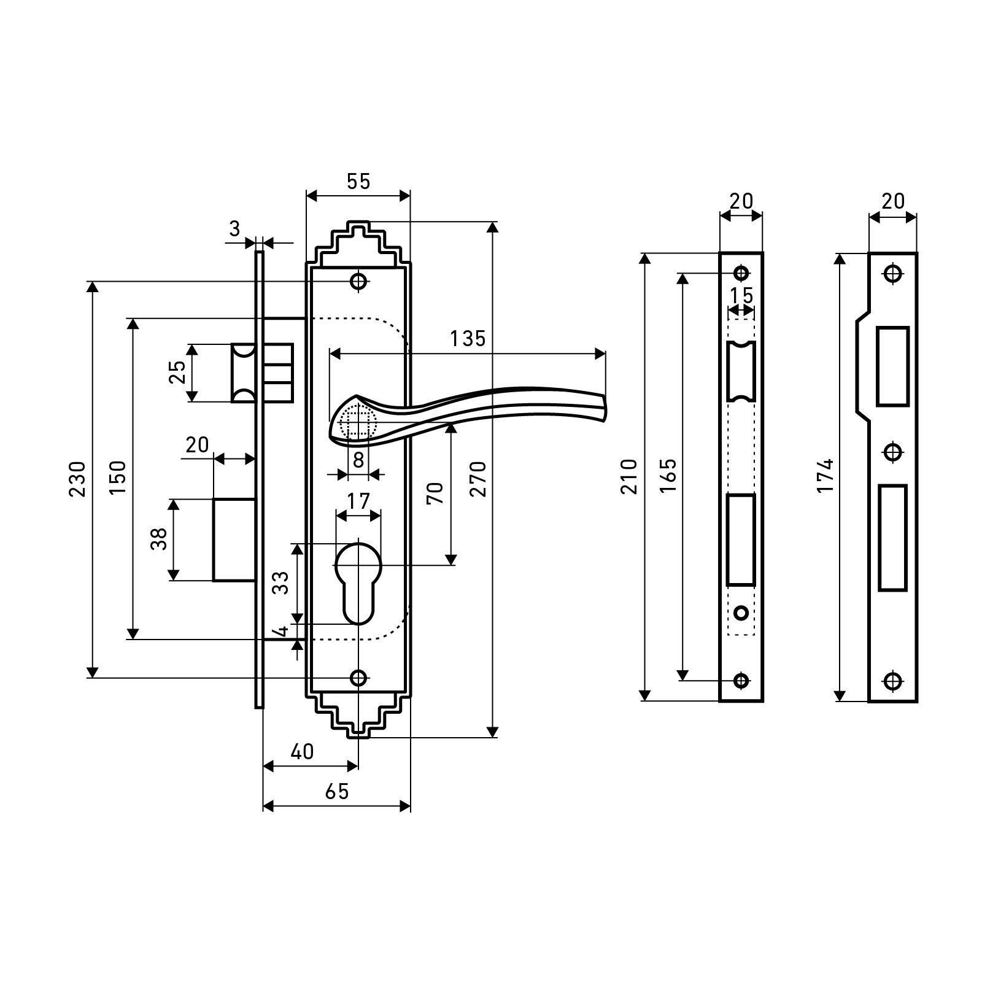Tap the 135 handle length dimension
[x=468, y=338]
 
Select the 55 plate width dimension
[x=358, y=182]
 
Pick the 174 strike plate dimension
[x=827, y=476]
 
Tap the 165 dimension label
[x=669, y=476]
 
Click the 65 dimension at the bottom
[x=337, y=791]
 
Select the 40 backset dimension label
[x=302, y=751]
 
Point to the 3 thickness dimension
[x=234, y=230]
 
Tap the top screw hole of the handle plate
[x=358, y=282]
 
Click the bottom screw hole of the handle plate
[x=358, y=678]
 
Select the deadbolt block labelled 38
[x=234, y=539]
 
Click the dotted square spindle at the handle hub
[x=358, y=423]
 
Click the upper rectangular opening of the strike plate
[x=892, y=366]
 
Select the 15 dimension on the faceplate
[x=741, y=296]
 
